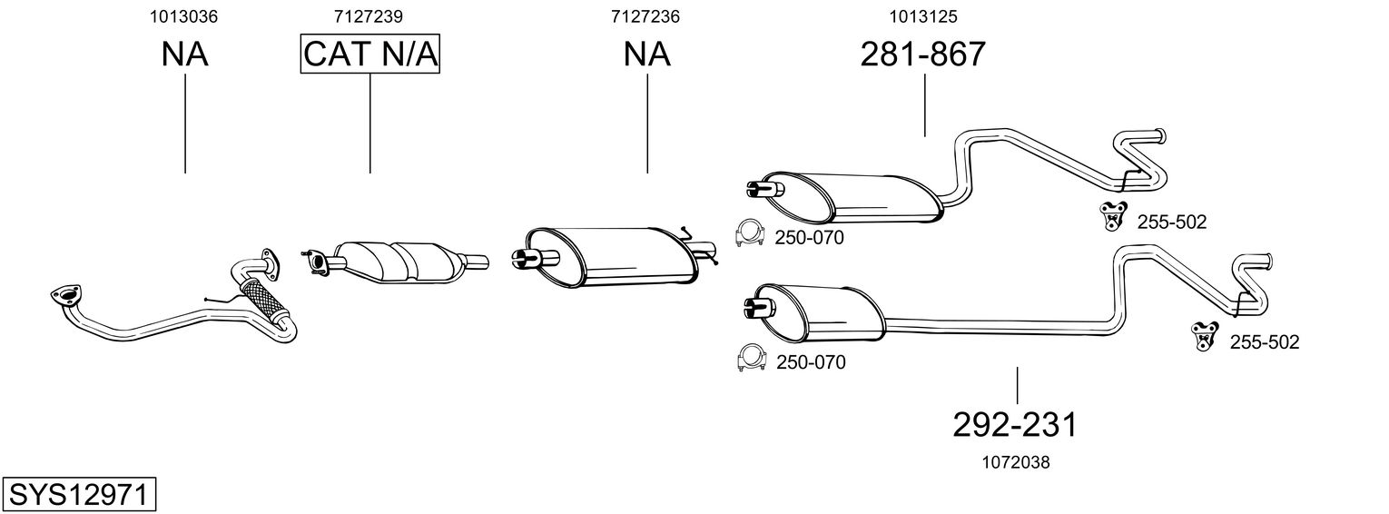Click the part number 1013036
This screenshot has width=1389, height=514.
click(184, 16)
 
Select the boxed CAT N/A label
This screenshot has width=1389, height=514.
click(370, 54)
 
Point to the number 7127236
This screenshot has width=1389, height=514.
click(645, 16)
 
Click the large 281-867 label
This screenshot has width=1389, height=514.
click(922, 54)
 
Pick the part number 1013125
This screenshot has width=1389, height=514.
click(923, 16)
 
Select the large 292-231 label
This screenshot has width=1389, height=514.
click(1016, 424)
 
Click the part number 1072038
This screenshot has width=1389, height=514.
click(1016, 462)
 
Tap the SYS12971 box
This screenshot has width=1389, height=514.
click(80, 494)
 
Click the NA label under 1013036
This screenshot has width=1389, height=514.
click(185, 54)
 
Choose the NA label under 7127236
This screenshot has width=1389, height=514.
click(646, 54)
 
